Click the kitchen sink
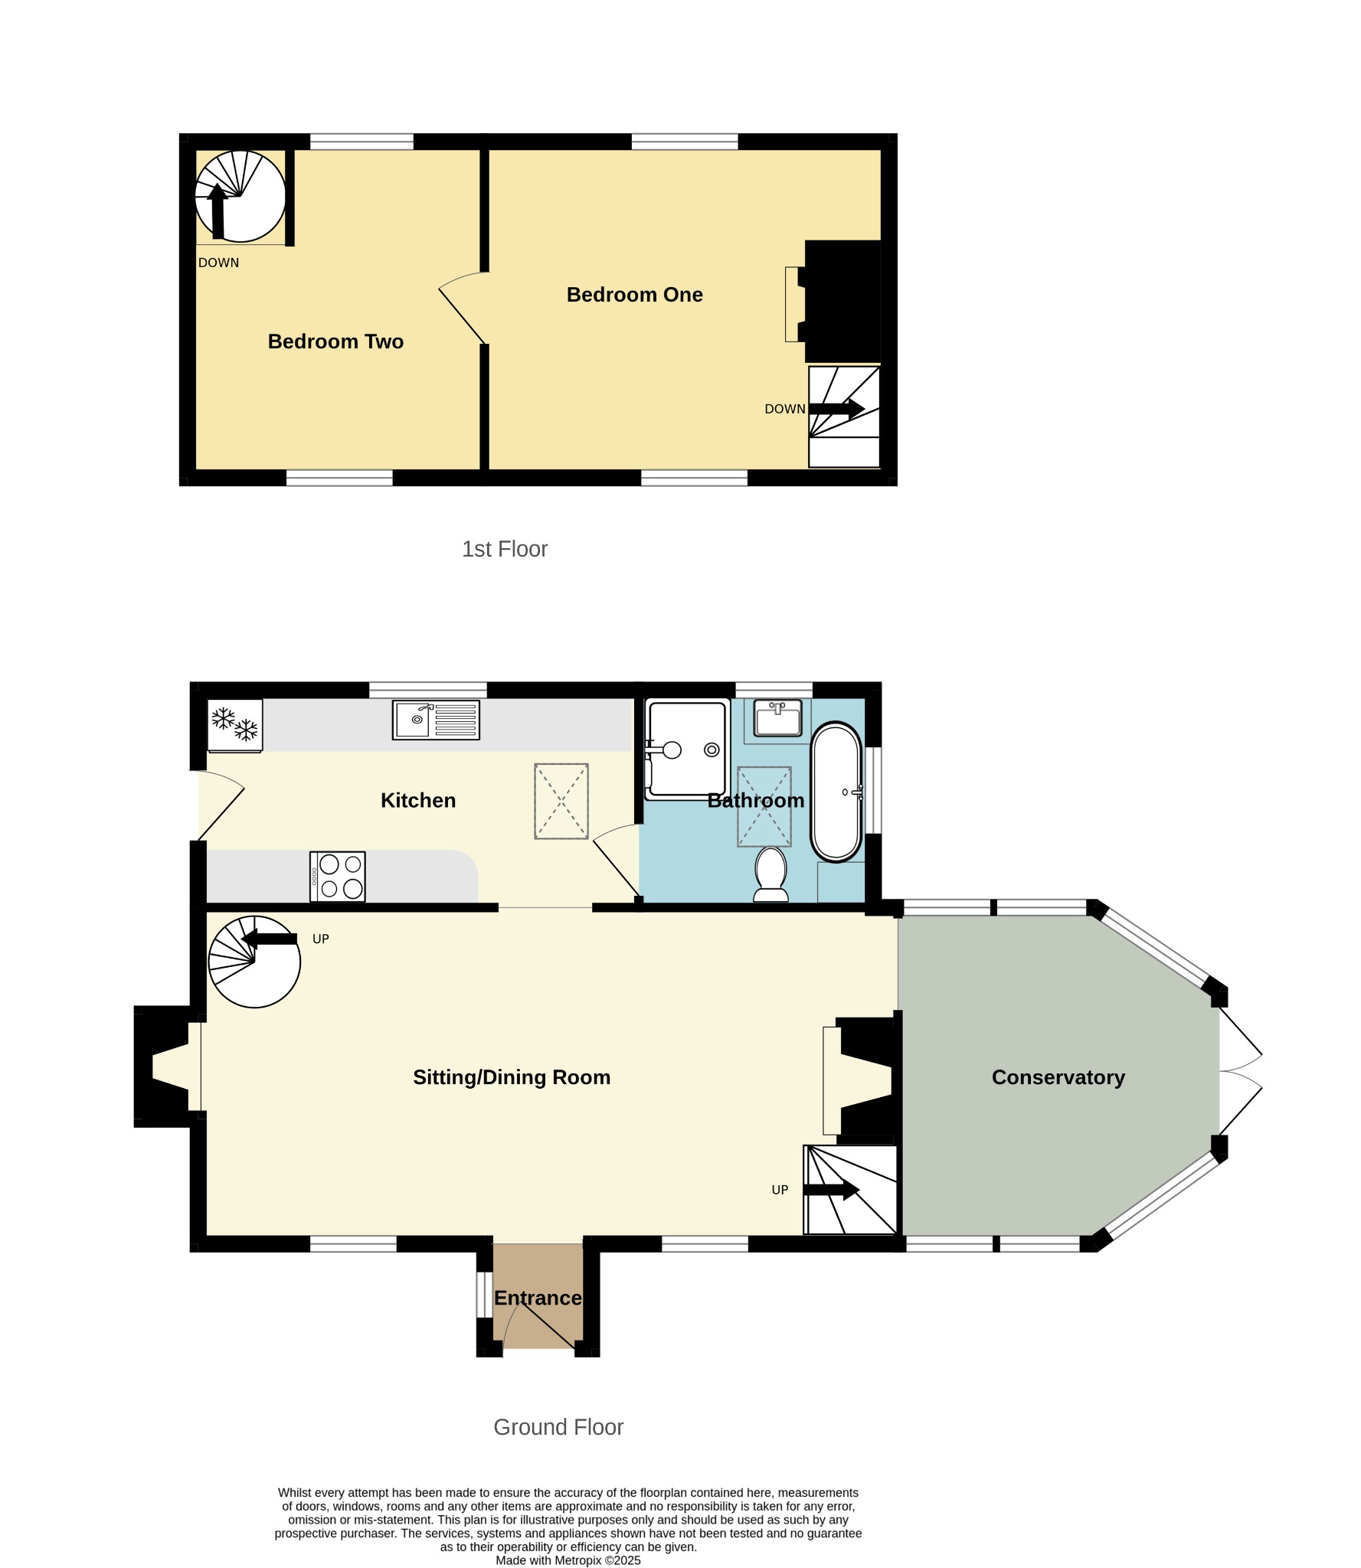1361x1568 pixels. point(436,720)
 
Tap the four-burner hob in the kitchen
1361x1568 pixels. point(338,877)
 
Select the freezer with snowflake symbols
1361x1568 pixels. point(235,725)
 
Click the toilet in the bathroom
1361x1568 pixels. point(771,874)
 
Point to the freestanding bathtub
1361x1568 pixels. point(836,792)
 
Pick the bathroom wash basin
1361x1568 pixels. point(777,717)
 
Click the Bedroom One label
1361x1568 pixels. point(634,295)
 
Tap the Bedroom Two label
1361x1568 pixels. point(335,341)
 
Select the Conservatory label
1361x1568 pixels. point(1058,1077)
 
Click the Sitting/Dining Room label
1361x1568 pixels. point(512,1077)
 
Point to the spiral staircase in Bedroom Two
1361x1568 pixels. point(240,196)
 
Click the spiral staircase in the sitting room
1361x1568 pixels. point(254,962)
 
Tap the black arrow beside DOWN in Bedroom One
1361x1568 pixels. point(837,409)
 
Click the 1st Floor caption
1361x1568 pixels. point(505,549)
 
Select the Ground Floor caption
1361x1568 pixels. point(558,1427)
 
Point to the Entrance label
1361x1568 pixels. point(538,1298)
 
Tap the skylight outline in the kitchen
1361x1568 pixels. point(561,801)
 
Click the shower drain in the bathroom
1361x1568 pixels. point(712,750)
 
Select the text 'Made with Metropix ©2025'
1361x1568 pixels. point(568,1560)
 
